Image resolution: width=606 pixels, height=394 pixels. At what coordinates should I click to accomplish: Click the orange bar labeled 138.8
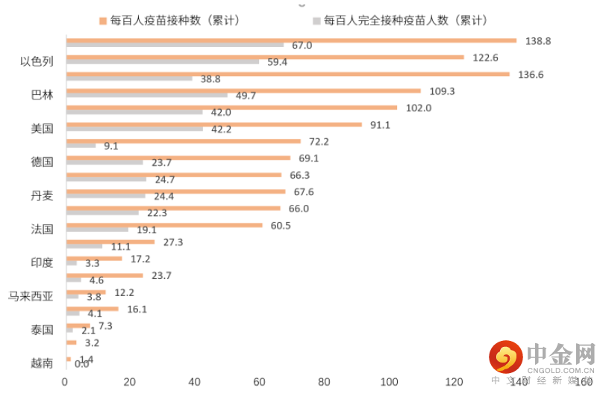point(291,40)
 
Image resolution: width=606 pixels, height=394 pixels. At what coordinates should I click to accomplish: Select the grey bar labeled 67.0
point(175,46)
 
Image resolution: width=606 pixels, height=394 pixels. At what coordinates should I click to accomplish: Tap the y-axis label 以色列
point(37,61)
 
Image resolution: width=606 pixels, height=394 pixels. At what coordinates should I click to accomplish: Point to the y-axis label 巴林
point(43,95)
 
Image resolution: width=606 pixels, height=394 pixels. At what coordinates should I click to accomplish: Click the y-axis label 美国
point(43,129)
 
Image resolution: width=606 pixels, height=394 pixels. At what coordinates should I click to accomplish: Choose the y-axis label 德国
point(43,162)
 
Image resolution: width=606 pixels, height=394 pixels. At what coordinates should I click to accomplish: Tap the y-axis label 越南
point(43,363)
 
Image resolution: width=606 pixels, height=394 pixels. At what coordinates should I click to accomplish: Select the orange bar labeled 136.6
point(287,74)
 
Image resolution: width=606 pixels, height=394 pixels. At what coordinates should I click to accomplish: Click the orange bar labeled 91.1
point(214,124)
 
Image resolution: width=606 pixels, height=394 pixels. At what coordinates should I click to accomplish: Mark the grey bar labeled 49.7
point(147,96)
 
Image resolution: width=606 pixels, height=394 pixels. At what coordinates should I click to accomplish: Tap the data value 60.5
point(281,226)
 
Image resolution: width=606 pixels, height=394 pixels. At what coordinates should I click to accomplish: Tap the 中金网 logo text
point(560,354)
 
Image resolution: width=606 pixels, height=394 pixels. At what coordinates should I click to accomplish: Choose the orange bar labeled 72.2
point(184,141)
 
